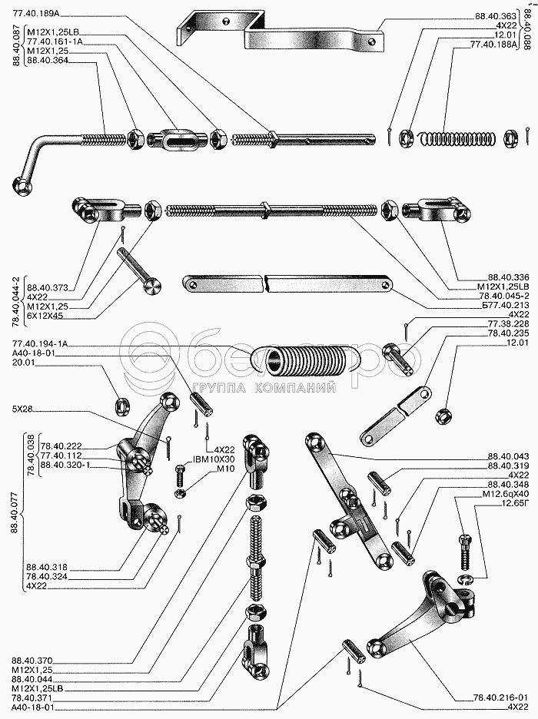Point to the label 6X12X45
pyautogui.click(x=45, y=315)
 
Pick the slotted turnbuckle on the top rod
pyautogui.click(x=173, y=140)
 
